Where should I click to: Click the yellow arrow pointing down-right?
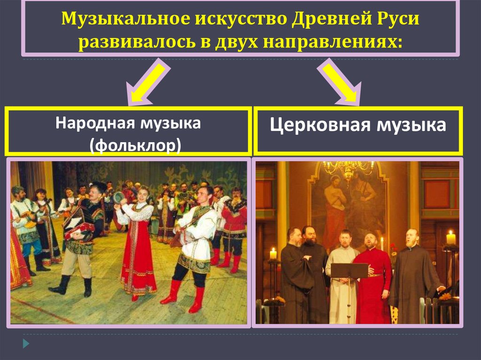[x=339, y=84]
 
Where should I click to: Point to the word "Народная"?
[x=94, y=124]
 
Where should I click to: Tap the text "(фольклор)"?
[x=135, y=144]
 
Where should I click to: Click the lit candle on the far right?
[x=451, y=237]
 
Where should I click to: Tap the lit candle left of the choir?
[x=273, y=253]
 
